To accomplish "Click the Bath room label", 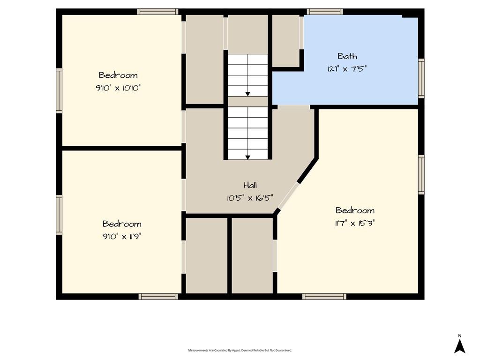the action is coord(347,56).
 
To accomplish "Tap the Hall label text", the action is coord(250,185).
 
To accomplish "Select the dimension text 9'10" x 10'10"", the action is coord(118,88).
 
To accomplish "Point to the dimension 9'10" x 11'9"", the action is coord(122,237).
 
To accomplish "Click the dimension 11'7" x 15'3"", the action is coord(355,223).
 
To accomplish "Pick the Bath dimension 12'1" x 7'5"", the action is coord(347,68).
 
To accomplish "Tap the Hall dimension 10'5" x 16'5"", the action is coord(250,198).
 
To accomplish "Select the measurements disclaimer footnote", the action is coord(240,350).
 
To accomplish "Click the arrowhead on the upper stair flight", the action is coord(247,94).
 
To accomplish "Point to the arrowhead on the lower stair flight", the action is coord(247,157).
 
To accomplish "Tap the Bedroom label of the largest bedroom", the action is coord(355,210).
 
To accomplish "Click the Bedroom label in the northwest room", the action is coord(118,75).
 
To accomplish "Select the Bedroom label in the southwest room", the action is coord(122,224).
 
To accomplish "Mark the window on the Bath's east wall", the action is coord(421,78).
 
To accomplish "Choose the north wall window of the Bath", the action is coord(325,12).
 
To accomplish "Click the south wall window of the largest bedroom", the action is coord(324,296).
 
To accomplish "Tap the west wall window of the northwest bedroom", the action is coord(59,90).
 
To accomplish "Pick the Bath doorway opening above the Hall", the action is coord(294,107).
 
